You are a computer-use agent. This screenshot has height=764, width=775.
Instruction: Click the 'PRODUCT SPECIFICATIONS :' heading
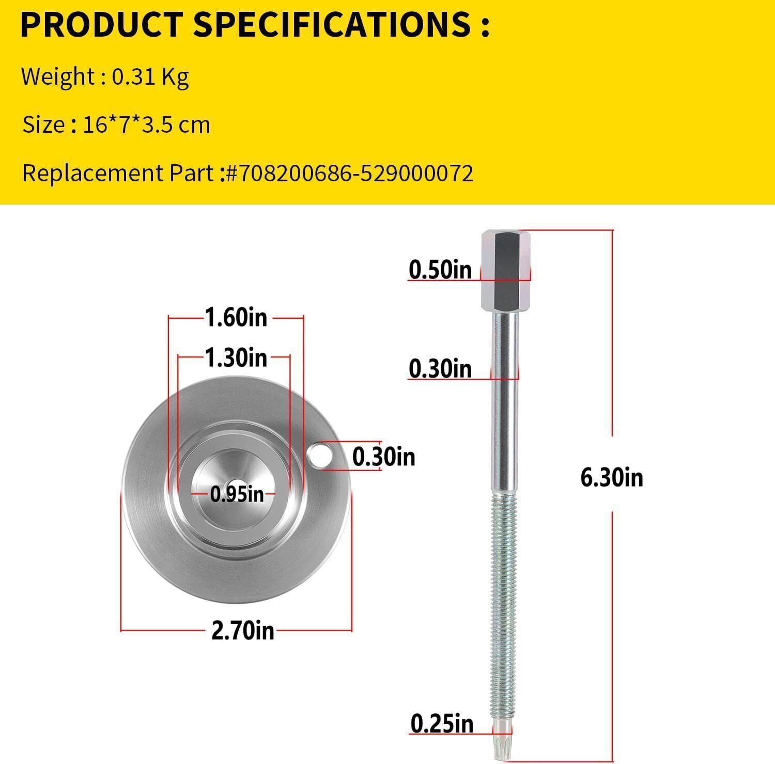(x=254, y=25)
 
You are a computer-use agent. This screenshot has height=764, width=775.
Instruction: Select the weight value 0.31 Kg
(x=150, y=77)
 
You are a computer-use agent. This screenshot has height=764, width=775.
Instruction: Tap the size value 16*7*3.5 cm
(x=146, y=125)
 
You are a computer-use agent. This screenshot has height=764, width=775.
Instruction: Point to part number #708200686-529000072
(x=349, y=174)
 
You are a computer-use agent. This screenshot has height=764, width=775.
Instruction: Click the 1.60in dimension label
(x=236, y=317)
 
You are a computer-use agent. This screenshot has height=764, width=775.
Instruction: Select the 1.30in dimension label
(x=236, y=357)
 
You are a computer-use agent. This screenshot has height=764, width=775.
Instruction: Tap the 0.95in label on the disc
(x=237, y=494)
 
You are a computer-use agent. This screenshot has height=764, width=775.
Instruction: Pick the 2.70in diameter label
(x=242, y=631)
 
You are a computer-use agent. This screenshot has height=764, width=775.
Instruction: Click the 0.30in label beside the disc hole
(x=383, y=457)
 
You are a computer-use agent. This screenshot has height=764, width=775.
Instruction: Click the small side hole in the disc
(x=319, y=455)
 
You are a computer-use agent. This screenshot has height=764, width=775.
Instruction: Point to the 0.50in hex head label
(x=440, y=270)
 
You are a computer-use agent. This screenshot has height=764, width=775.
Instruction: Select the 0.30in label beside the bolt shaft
(x=440, y=369)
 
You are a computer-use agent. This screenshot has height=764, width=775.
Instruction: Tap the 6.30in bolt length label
(x=612, y=478)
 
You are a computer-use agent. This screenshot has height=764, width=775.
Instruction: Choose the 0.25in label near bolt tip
(x=442, y=724)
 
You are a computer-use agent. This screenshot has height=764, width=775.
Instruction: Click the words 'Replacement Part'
(x=117, y=174)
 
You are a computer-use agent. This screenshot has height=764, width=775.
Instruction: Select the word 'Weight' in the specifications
(x=57, y=77)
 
